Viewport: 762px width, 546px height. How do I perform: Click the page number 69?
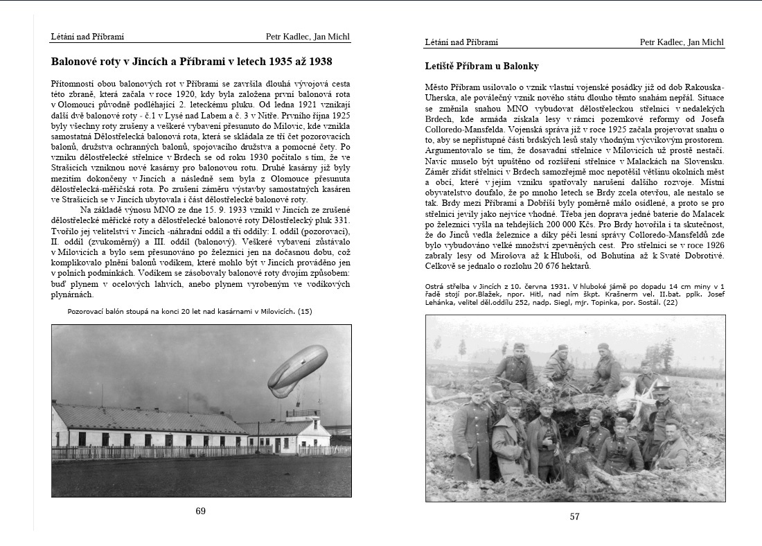200,511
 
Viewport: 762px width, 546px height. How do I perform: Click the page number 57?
574,516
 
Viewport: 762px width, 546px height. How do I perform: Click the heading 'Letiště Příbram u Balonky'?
481,67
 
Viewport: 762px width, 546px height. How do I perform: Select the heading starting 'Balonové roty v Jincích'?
191,62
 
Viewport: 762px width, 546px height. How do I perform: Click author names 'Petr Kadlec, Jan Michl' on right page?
682,42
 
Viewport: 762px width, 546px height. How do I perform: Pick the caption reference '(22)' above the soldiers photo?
670,303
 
